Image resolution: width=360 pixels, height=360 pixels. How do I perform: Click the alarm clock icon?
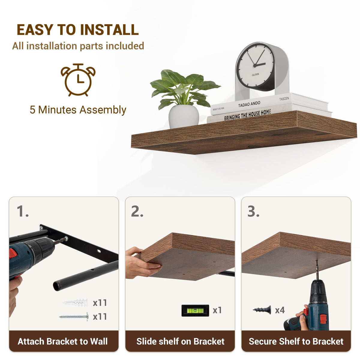coord(78,80)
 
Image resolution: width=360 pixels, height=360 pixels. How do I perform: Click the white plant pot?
coord(184,116)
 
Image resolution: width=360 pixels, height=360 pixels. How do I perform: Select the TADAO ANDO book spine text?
coord(249,104)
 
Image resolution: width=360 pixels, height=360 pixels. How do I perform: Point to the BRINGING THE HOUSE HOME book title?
coord(247,115)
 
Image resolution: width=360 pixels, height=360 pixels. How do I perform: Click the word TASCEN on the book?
coord(284,99)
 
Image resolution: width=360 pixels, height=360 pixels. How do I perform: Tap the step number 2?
coord(137,211)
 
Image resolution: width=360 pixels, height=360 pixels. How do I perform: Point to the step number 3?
coord(253,211)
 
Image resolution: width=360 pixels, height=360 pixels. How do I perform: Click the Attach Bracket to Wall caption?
coord(63,341)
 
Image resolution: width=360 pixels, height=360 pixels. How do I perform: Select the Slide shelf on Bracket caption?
coord(180,341)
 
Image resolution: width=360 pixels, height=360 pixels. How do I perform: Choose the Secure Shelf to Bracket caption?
coord(296,341)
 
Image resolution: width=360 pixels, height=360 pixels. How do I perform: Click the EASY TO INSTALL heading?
coord(78,29)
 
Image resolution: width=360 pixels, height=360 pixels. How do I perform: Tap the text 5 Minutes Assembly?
coord(78,110)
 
